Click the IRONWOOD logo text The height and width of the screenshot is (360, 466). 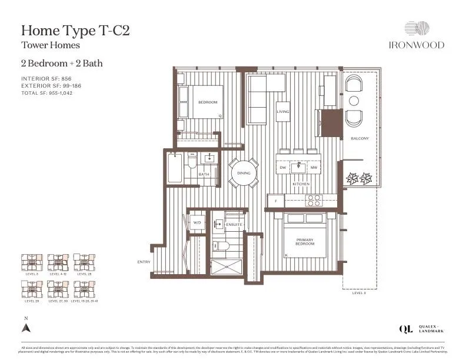point(416,45)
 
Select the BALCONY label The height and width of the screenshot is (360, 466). point(360,138)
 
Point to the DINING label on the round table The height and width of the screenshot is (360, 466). point(244,173)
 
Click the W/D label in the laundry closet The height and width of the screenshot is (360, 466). point(197,223)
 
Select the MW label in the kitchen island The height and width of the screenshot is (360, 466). point(314,168)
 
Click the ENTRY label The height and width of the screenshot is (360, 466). point(144,262)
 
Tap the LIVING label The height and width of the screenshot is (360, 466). point(284,111)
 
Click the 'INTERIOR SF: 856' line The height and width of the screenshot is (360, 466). point(46,78)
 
